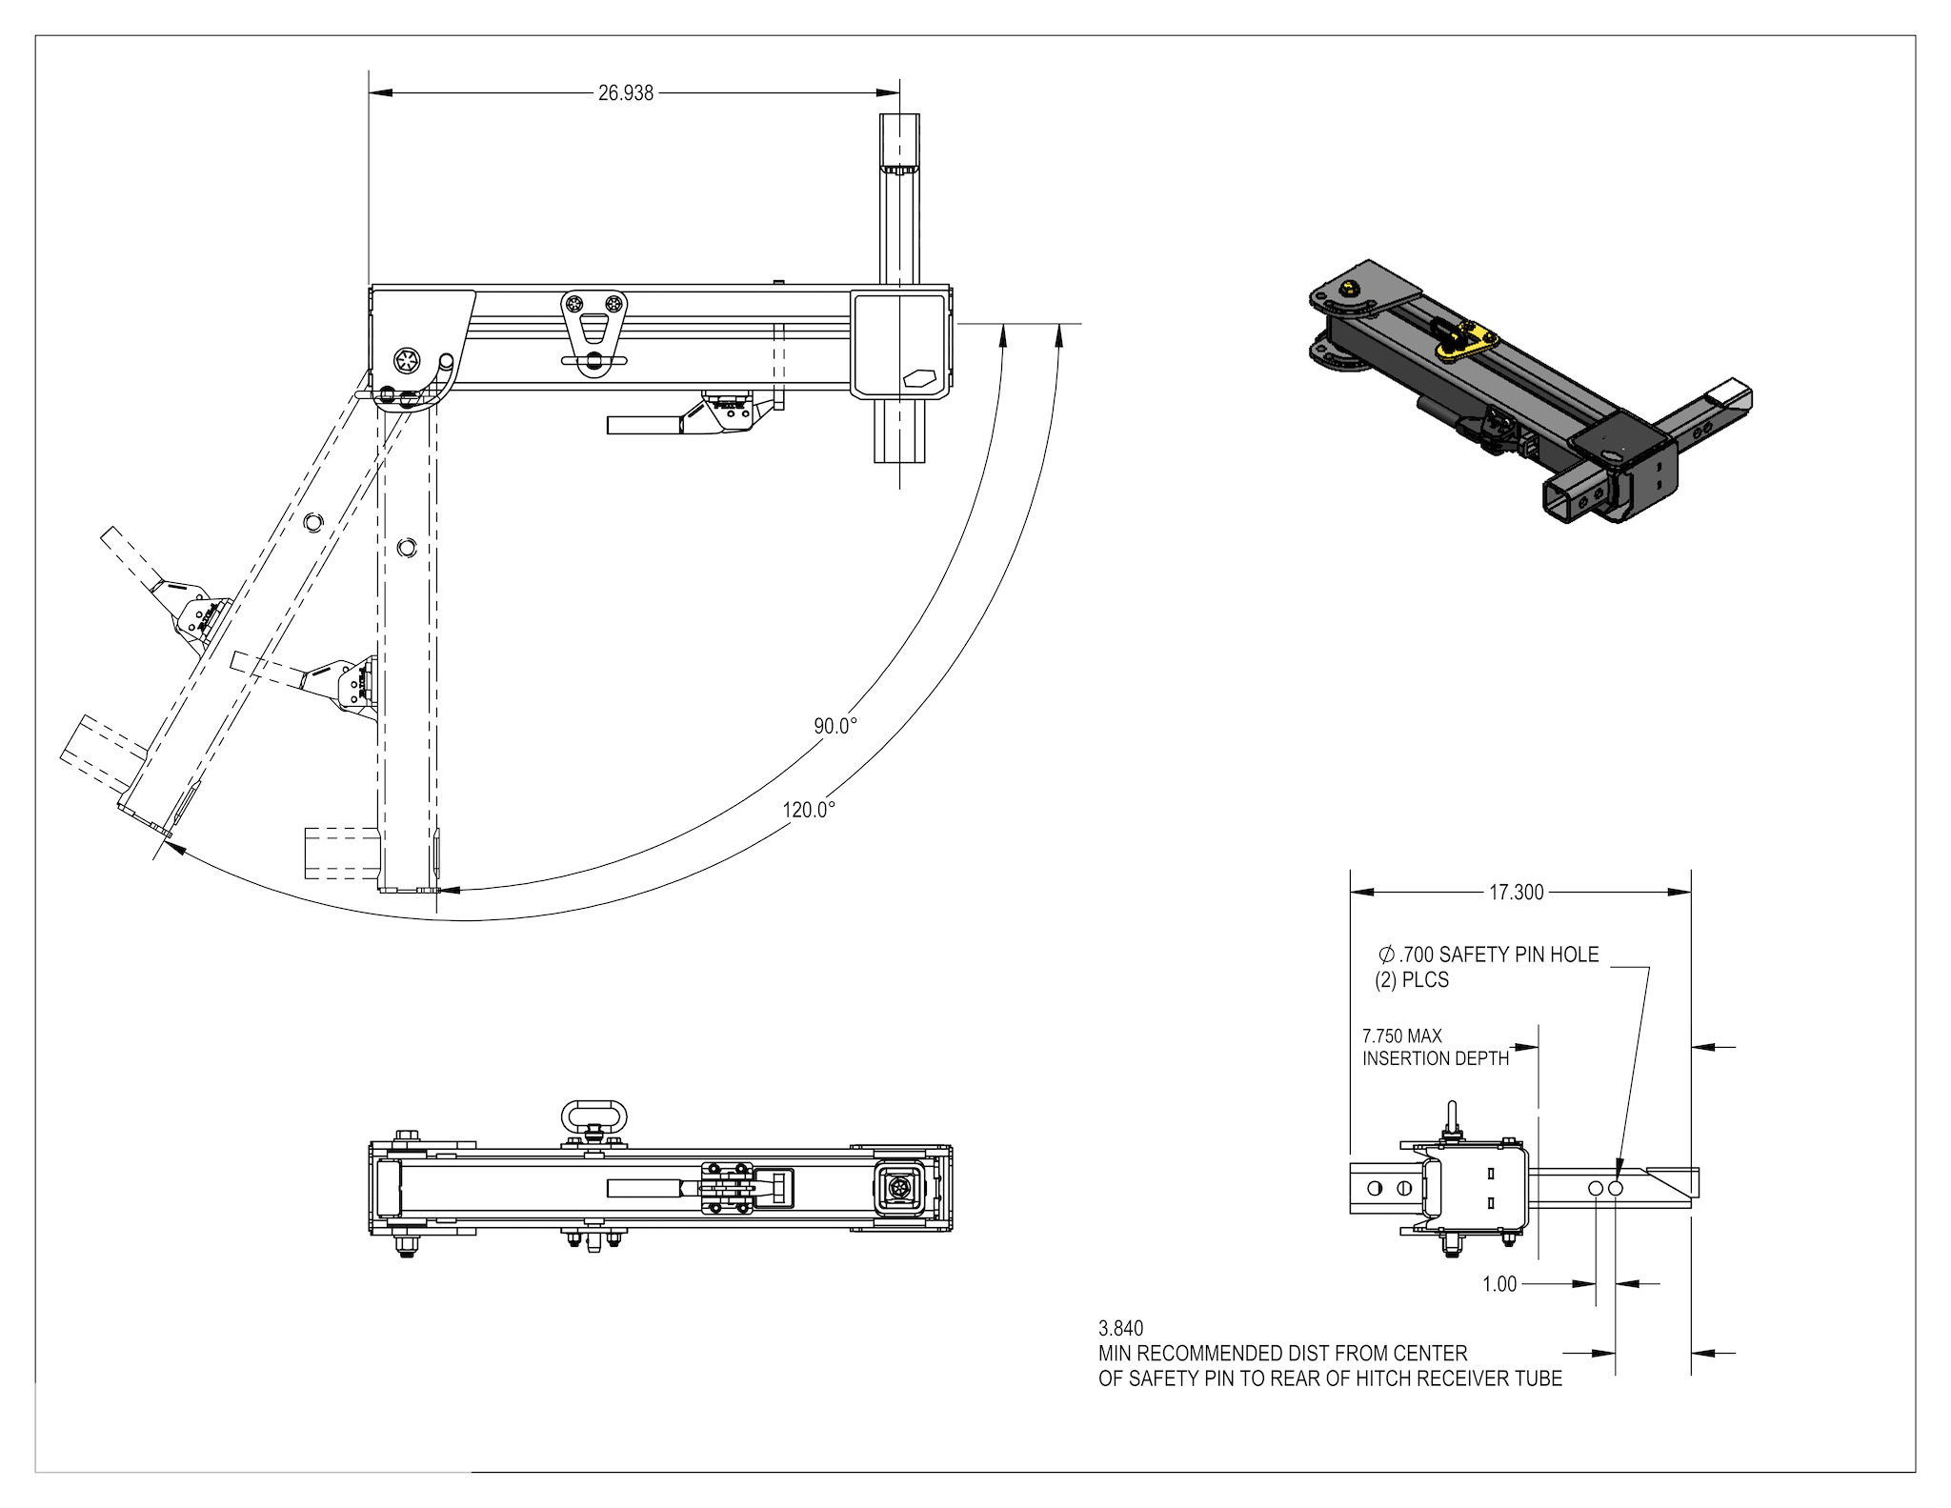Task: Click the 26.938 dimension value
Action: pyautogui.click(x=625, y=93)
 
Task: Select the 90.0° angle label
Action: pyautogui.click(x=835, y=726)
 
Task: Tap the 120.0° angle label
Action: pyautogui.click(x=809, y=810)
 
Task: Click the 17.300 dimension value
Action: pyautogui.click(x=1516, y=893)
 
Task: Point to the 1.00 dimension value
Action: pyautogui.click(x=1498, y=1284)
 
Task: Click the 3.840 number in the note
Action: pyautogui.click(x=1120, y=1328)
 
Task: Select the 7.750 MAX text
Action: pyautogui.click(x=1401, y=1035)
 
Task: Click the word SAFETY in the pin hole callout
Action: pyautogui.click(x=1474, y=955)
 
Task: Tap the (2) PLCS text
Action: pyautogui.click(x=1411, y=980)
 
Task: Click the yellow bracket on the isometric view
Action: pyautogui.click(x=1467, y=341)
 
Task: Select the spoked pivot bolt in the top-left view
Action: pyautogui.click(x=407, y=360)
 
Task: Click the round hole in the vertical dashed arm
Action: pyautogui.click(x=407, y=547)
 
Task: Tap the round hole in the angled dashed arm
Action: pyautogui.click(x=313, y=522)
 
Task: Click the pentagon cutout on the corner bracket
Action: pyautogui.click(x=921, y=376)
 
